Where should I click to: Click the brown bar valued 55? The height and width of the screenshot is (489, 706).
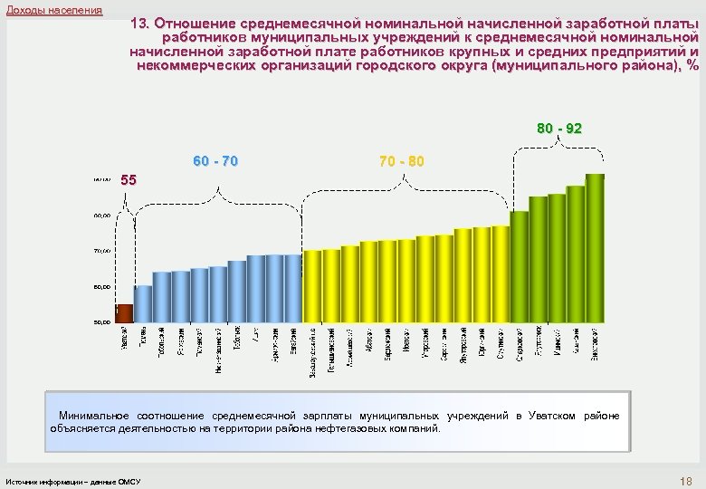[124, 312]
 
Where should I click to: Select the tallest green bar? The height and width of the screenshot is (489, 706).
[595, 247]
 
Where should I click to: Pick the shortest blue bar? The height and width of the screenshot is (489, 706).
[143, 303]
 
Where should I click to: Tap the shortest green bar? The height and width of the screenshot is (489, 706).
[520, 266]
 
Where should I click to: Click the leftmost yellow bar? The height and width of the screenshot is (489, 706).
[312, 286]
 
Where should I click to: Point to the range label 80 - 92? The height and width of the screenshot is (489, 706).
[558, 129]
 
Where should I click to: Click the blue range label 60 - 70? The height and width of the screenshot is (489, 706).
[215, 161]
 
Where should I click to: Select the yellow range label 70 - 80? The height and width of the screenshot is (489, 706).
[401, 161]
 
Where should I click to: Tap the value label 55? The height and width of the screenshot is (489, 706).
[129, 180]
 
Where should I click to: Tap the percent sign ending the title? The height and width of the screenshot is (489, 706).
[692, 67]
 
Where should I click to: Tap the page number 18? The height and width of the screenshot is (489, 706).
[684, 479]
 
